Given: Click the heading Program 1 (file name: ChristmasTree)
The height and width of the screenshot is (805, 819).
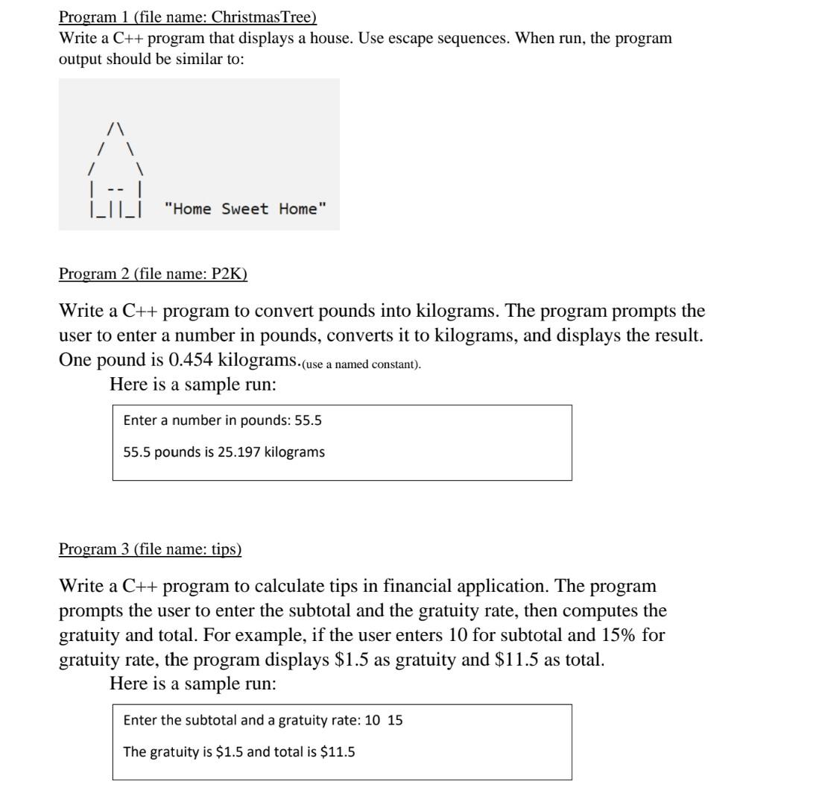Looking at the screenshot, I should (187, 16).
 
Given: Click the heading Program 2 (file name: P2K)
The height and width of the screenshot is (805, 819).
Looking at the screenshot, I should (153, 274).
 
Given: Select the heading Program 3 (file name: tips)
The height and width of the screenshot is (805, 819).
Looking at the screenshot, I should (150, 549).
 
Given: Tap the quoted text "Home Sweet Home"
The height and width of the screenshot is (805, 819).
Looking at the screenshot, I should (244, 209).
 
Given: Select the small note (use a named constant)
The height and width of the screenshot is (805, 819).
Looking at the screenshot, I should (361, 364).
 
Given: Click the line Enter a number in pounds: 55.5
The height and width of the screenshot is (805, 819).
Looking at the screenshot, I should (222, 420).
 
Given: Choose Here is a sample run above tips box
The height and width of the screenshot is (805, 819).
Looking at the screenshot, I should (192, 684).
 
